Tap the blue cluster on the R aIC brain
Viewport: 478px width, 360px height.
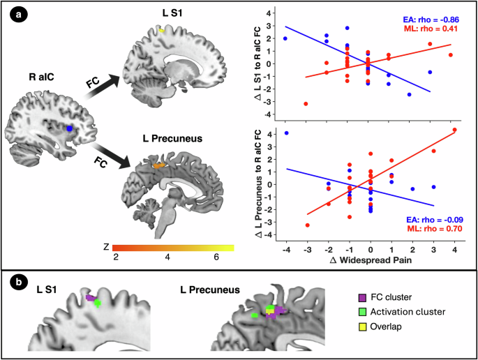[x=69, y=129]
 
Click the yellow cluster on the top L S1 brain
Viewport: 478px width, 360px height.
[x=162, y=31]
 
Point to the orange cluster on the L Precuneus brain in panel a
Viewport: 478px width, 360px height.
[x=160, y=166]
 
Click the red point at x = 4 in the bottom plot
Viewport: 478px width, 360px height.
[x=454, y=130]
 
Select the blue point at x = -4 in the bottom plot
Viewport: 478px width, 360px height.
[x=285, y=133]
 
